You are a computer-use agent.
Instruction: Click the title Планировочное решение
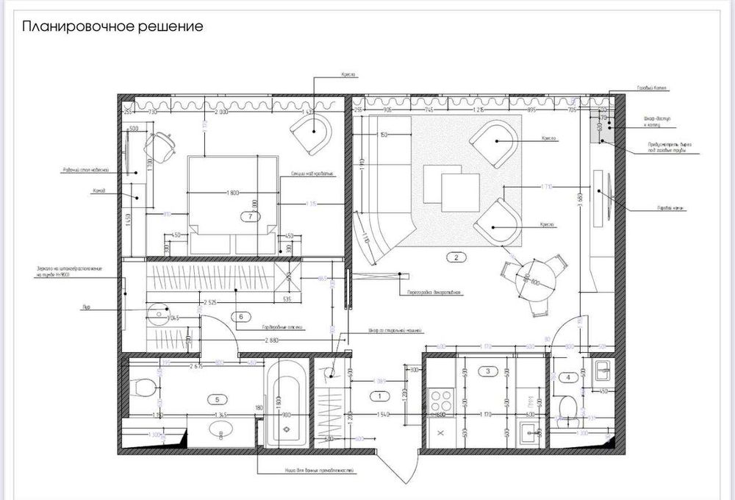112,27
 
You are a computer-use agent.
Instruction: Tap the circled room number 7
251,216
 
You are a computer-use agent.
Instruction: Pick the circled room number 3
487,372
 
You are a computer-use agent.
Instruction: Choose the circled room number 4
567,378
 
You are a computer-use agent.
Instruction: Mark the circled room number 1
380,396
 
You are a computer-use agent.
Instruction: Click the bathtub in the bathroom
285,404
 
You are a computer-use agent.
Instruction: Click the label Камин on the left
98,191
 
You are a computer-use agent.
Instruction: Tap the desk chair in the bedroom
161,148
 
